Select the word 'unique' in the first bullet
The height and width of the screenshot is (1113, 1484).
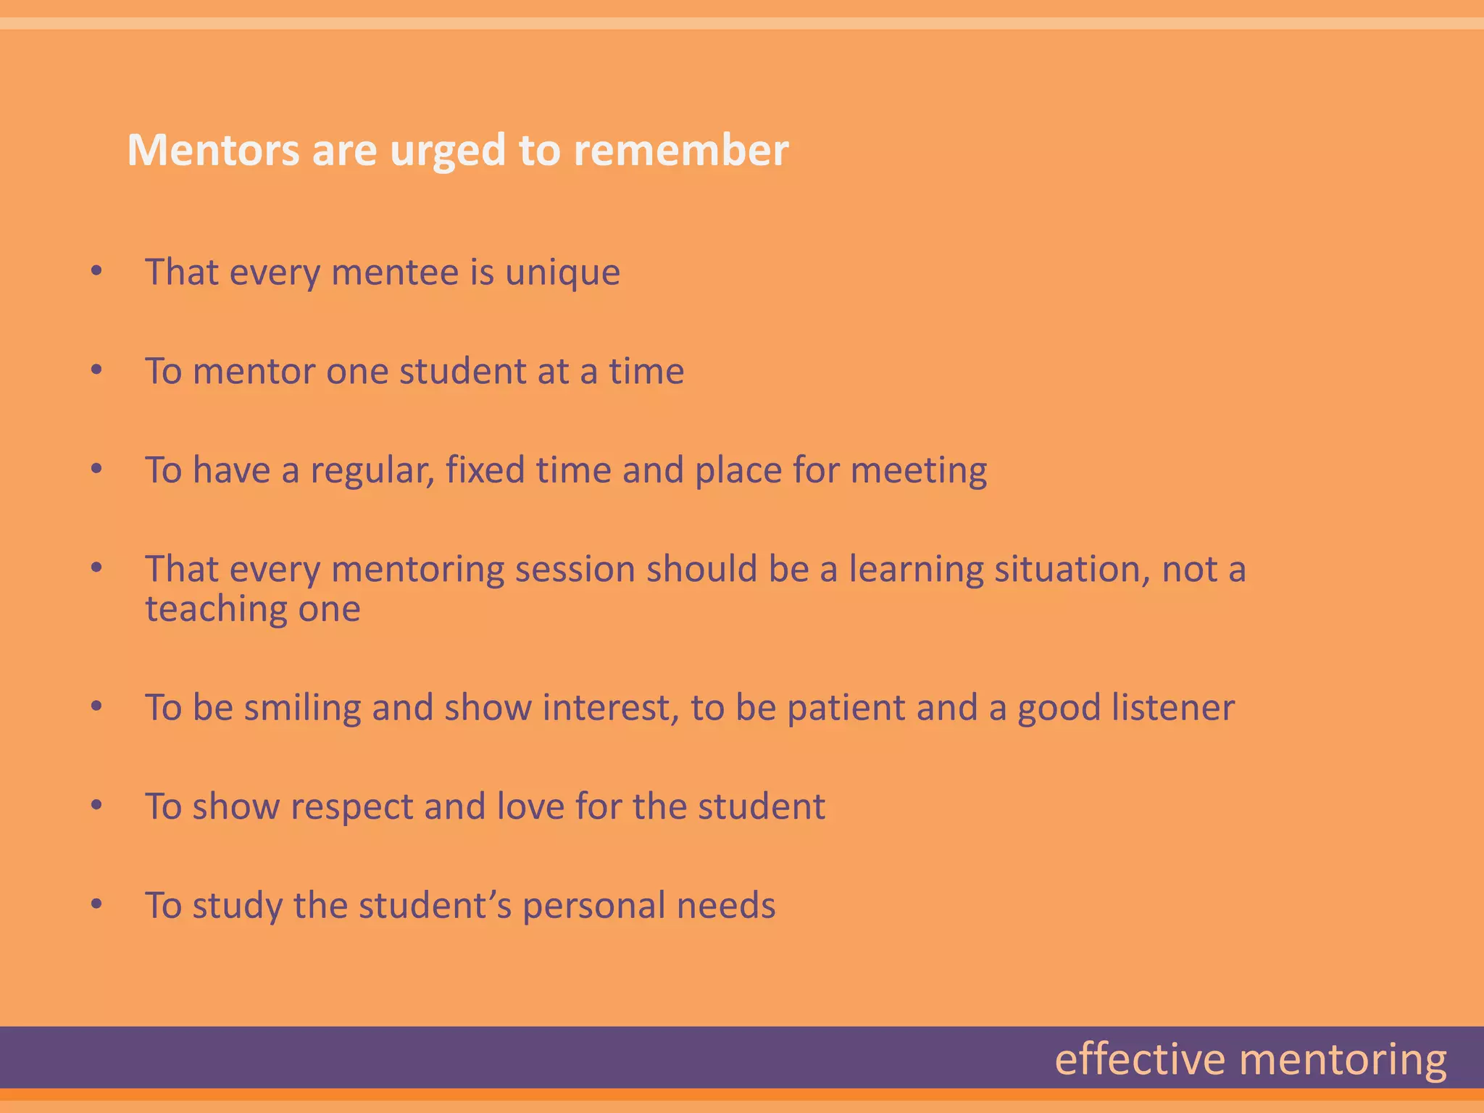tap(562, 272)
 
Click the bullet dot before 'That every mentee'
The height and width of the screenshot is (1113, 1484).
tap(96, 272)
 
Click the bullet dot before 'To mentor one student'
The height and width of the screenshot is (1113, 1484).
tap(96, 370)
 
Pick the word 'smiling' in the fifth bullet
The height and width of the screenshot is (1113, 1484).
tap(302, 708)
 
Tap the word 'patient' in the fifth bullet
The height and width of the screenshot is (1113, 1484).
tap(846, 708)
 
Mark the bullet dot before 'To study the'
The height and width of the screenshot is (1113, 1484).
tap(96, 904)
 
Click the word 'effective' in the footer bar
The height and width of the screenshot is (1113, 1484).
tap(1139, 1059)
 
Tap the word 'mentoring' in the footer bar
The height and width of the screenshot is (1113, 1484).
tap(1343, 1061)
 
